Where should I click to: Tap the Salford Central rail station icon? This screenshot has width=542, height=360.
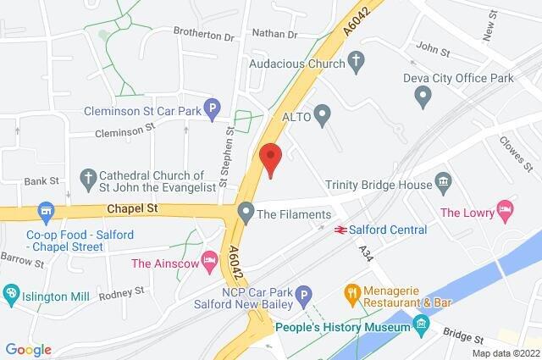pyautogui.click(x=340, y=230)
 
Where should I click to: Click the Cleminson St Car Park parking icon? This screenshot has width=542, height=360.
pyautogui.click(x=213, y=108)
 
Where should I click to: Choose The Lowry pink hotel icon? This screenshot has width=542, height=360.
pyautogui.click(x=506, y=208)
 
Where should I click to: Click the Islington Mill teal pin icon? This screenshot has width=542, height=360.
pyautogui.click(x=12, y=294)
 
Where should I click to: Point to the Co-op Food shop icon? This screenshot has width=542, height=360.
pyautogui.click(x=45, y=209)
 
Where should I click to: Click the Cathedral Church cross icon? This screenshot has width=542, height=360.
pyautogui.click(x=87, y=178)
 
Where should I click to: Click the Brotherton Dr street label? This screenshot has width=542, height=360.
pyautogui.click(x=203, y=36)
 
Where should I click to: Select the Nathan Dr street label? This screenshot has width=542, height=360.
pyautogui.click(x=275, y=35)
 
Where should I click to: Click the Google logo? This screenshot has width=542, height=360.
pyautogui.click(x=29, y=349)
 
